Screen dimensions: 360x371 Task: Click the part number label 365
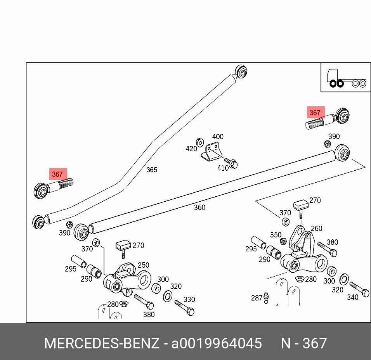152,170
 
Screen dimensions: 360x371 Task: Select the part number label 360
199,208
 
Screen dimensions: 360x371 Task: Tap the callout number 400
218,137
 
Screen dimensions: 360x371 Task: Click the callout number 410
222,168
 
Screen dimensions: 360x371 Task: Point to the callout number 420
191,149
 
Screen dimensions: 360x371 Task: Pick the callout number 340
352,298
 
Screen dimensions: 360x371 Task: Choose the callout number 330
189,299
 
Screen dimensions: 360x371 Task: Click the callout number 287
257,298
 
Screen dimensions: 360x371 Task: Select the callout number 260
316,228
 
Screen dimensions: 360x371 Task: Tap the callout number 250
143,265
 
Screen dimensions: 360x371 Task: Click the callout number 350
276,235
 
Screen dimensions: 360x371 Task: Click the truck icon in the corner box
343,78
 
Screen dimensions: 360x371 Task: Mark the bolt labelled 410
231,163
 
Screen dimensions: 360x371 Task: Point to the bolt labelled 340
359,289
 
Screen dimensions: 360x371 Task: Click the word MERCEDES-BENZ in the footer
102,343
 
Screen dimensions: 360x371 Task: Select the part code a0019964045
217,343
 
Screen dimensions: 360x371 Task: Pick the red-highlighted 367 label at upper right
315,113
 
